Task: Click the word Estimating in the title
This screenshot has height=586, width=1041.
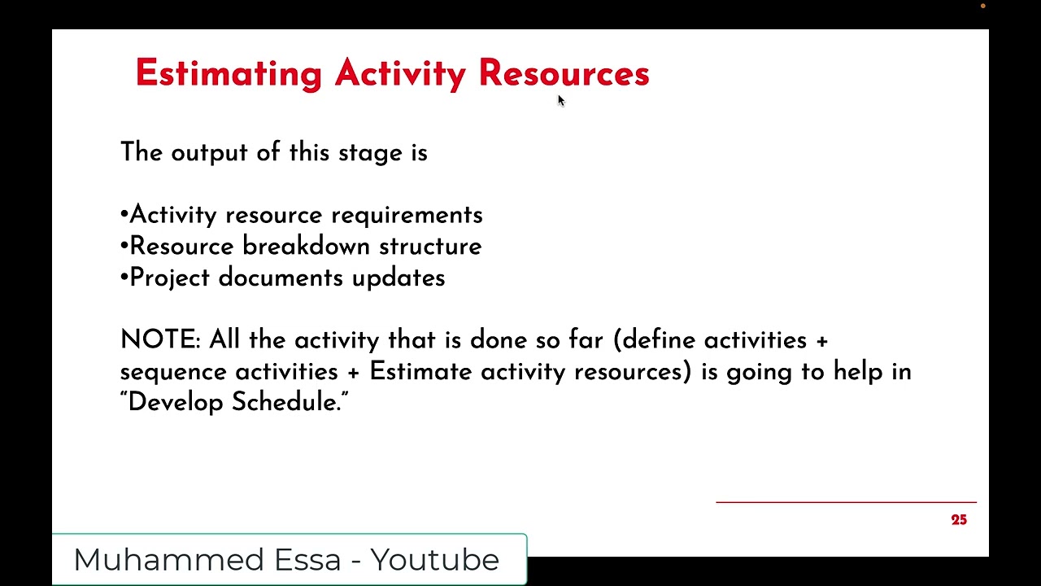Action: [229, 74]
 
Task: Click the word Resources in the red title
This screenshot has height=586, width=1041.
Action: [564, 73]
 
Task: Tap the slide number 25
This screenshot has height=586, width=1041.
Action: [959, 520]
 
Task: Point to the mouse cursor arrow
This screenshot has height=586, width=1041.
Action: [560, 100]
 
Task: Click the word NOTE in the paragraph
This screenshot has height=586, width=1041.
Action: [159, 339]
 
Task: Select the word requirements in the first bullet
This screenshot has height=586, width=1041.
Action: [407, 215]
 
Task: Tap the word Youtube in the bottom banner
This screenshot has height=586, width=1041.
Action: [434, 560]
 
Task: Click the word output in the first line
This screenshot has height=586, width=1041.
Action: [197, 153]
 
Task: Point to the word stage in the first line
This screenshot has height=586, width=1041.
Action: [359, 153]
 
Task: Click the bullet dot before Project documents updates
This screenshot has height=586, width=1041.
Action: [124, 278]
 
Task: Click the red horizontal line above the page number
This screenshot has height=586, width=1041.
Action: [846, 502]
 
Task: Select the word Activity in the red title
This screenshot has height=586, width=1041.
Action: [400, 74]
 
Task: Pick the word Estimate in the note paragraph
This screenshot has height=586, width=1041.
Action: [420, 371]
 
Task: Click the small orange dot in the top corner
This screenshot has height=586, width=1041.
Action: [982, 7]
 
